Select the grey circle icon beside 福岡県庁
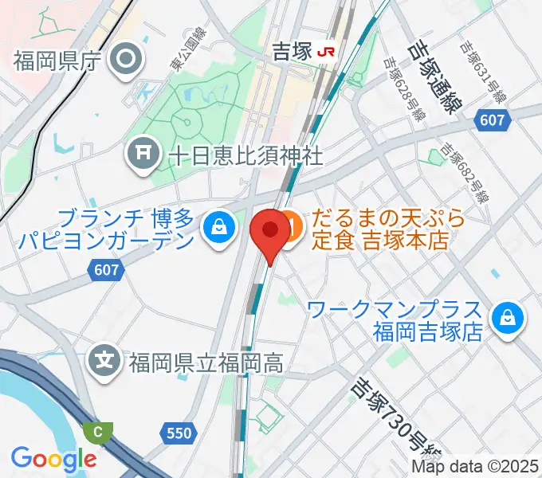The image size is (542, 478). click(x=126, y=57)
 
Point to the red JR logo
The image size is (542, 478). click(x=325, y=52)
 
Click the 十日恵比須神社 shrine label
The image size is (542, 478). click(x=245, y=154)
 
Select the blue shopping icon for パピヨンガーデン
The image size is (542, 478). click(x=216, y=229)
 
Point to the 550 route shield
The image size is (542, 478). click(x=179, y=433)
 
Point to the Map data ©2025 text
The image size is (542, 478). click(x=474, y=466)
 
